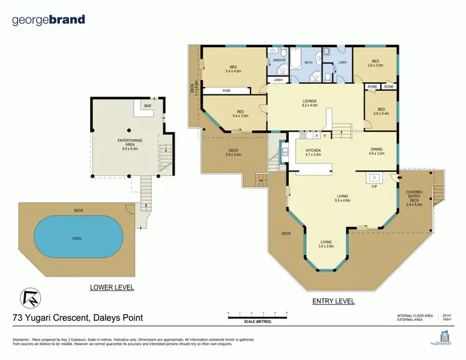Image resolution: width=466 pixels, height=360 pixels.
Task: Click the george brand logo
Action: (48, 20)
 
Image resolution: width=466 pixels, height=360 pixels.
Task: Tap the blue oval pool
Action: (70, 237)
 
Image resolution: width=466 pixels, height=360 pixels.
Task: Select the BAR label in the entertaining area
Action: (147, 106)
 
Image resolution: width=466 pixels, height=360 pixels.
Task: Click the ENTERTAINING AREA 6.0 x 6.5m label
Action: (127, 146)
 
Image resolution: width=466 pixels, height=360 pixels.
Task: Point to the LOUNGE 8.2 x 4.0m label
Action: (309, 103)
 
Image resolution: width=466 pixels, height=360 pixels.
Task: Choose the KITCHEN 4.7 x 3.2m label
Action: (313, 153)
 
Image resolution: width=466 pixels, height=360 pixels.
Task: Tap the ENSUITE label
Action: (279, 60)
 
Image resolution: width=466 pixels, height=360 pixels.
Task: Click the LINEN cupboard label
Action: (278, 80)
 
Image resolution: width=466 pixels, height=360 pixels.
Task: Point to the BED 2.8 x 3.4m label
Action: (381, 112)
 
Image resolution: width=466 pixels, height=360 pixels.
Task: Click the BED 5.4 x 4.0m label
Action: (233, 69)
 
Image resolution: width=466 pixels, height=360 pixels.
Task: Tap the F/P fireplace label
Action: (374, 186)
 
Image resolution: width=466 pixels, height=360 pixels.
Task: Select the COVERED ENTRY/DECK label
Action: (414, 198)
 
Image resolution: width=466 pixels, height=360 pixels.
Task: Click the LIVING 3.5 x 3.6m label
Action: (327, 244)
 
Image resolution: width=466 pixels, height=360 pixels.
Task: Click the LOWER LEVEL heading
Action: (112, 288)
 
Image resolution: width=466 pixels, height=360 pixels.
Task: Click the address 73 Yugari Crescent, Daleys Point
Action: (78, 318)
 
